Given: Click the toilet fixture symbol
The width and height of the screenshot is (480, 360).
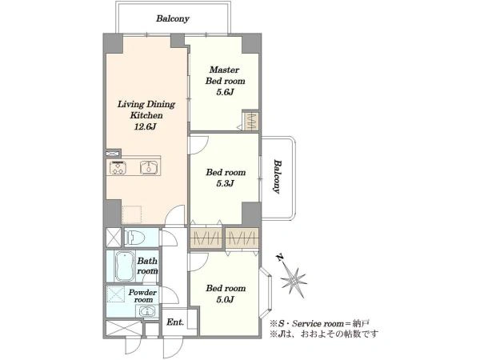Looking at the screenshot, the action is tap(134, 238).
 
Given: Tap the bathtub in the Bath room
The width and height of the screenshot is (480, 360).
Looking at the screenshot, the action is tap(126, 266).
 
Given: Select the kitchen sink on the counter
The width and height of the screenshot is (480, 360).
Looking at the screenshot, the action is tap(149, 168).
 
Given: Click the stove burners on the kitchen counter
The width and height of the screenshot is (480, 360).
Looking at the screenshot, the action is tap(118, 167).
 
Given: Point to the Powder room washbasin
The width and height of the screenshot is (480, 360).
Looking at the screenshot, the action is tap(147, 312).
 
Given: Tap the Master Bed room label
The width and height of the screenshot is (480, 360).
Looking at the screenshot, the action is tap(226, 75).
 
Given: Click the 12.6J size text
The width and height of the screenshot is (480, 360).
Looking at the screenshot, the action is tap(146, 126).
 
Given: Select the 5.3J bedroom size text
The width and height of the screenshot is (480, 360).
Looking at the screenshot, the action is tap(226, 183).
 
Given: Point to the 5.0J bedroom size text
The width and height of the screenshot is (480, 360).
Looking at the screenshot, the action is tap(226, 299).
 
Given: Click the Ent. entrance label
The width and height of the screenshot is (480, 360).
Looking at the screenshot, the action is tap(175, 322).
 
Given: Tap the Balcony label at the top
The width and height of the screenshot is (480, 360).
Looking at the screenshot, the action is tap(173, 18).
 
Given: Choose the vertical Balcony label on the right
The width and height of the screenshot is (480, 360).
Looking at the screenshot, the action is tap(277, 176).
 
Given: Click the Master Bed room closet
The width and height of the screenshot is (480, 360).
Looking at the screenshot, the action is tap(251, 121).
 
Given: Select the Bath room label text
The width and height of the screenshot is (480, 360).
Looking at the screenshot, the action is tap(147, 266).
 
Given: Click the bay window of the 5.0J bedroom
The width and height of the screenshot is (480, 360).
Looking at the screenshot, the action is tap(265, 294).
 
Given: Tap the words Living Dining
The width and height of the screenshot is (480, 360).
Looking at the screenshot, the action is tap(146, 104).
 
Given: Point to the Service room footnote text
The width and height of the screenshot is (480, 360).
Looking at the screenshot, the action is tap(319, 323).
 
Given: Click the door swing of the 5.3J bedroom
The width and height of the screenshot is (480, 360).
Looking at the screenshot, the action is tap(198, 145).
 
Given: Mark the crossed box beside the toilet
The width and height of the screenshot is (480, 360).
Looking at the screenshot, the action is tap(114, 238).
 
